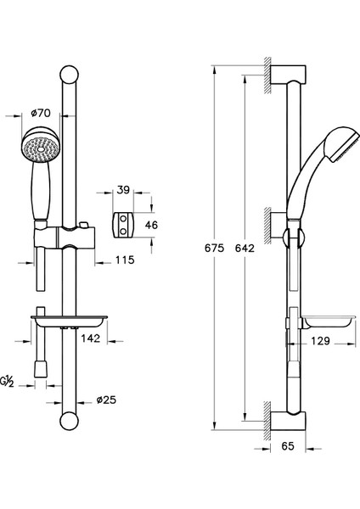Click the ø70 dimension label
pos(41,113)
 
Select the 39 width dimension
pos(123,190)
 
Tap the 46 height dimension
pos(151,225)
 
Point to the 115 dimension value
pos(125,260)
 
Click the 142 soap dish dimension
pos(91,338)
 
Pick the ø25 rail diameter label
pos(106,400)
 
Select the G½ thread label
pos(7,382)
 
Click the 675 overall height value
pos(215,248)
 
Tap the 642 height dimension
pos(245,248)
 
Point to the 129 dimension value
pos(320,341)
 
